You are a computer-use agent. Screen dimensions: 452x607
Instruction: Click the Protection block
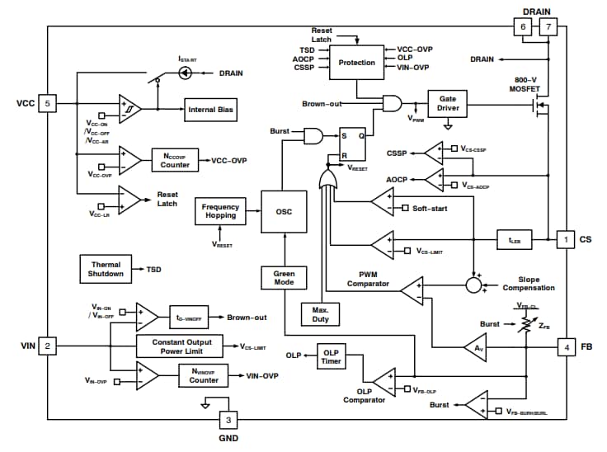coord(357,63)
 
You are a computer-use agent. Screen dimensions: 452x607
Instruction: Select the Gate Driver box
coord(448,103)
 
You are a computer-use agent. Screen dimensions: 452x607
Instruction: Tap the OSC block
coord(284,211)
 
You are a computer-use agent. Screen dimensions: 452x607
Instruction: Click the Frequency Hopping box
coord(220,210)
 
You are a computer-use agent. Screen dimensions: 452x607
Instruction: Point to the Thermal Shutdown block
coord(106,269)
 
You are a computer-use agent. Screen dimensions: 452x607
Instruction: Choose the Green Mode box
coord(284,278)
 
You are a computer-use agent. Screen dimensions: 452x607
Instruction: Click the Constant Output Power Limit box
coord(182,346)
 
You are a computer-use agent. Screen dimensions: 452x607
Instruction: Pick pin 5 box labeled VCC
coord(48,104)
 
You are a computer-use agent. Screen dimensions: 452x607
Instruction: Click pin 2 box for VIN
coord(48,346)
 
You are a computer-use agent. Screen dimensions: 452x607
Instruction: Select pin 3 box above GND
coord(228,421)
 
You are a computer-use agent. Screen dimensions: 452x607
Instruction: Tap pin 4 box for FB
coord(566,346)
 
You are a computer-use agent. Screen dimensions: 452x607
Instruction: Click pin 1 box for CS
coord(566,240)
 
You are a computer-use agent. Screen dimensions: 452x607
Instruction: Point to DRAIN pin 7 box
coord(548,27)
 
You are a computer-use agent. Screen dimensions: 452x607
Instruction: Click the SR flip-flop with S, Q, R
coord(351,144)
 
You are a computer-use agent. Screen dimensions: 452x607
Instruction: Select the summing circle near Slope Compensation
coord(473,285)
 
